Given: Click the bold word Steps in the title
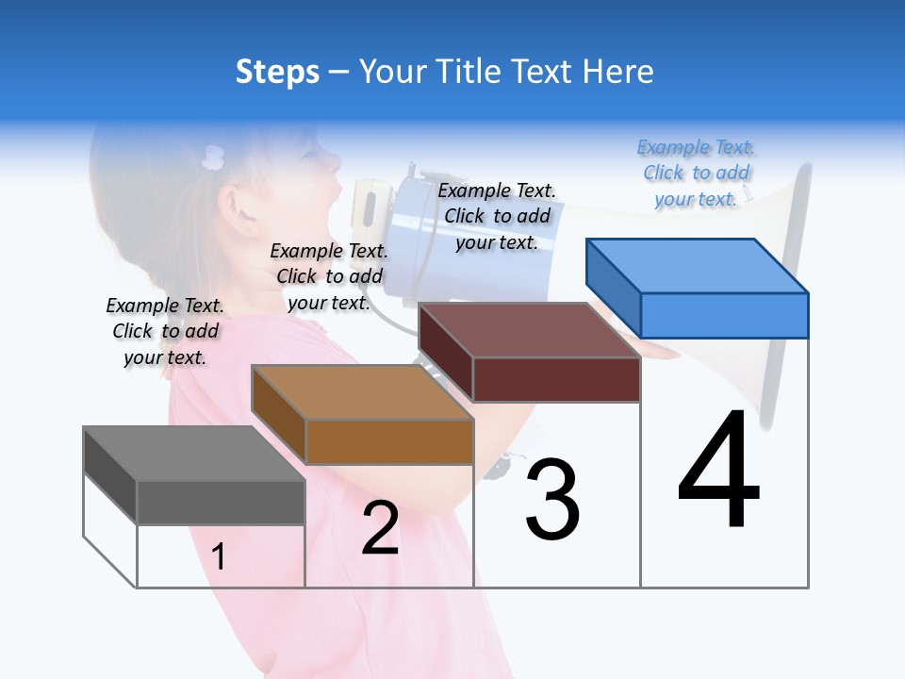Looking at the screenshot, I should point(277,72).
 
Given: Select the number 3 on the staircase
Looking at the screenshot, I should point(552,500).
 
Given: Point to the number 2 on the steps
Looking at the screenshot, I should point(380,528).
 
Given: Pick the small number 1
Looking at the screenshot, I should point(219,556).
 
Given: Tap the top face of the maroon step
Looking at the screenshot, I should point(529,330).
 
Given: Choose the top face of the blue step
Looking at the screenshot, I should point(697,266).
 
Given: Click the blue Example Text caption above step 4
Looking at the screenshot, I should point(696,173).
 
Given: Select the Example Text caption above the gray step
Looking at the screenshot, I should point(165,331).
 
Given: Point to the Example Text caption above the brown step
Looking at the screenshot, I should point(329,276).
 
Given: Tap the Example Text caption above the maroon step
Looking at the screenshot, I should point(497,216).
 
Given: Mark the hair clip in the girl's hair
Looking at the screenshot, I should point(213,157).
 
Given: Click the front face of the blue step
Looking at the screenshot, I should point(724,315).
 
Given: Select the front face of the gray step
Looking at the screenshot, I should point(221,503).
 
